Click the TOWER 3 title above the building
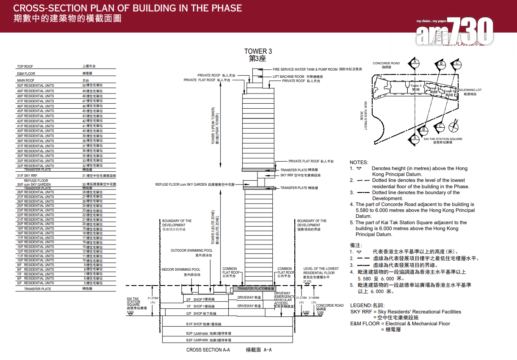click(x=258, y=51)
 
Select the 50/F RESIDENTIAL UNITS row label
click(x=36, y=85)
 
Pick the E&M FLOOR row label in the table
click(x=26, y=74)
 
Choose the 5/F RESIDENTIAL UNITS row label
click(x=36, y=283)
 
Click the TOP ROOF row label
click(x=25, y=66)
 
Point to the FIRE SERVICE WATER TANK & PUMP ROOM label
click(x=305, y=69)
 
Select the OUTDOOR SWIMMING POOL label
click(x=192, y=250)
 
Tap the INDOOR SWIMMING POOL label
click(x=181, y=269)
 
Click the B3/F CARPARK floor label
click(x=203, y=340)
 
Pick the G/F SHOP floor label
click(x=201, y=313)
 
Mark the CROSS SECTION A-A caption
click(x=208, y=350)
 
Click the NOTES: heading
click(x=359, y=162)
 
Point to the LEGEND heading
click(x=361, y=305)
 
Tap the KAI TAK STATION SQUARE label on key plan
click(x=443, y=139)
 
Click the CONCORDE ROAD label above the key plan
click(x=386, y=63)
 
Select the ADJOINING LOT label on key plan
click(x=470, y=90)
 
